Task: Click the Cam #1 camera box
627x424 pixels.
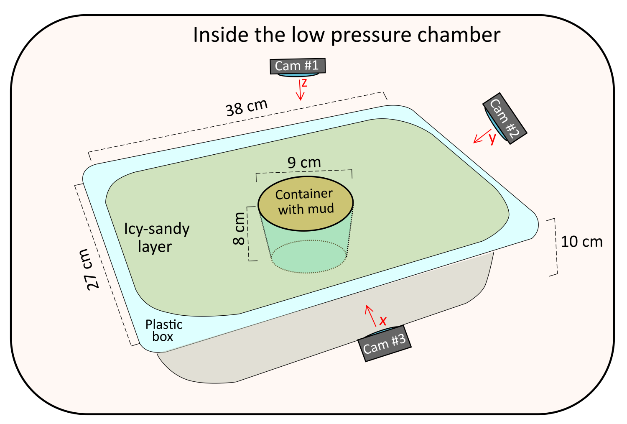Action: pyautogui.click(x=297, y=66)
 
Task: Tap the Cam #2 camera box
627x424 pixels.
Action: pyautogui.click(x=505, y=118)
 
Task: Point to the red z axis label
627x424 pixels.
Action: pyautogui.click(x=304, y=83)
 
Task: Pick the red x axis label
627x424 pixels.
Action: pyautogui.click(x=382, y=321)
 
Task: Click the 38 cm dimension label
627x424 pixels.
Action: pyautogui.click(x=246, y=107)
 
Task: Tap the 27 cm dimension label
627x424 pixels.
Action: pyautogui.click(x=88, y=269)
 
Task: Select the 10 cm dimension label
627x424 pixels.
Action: pyautogui.click(x=581, y=242)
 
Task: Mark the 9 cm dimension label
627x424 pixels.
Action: pyautogui.click(x=304, y=162)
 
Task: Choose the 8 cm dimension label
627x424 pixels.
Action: pyautogui.click(x=239, y=228)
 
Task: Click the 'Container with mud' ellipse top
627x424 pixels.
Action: pyautogui.click(x=306, y=204)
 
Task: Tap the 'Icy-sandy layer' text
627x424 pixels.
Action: pyautogui.click(x=157, y=237)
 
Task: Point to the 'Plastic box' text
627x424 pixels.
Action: pyautogui.click(x=164, y=330)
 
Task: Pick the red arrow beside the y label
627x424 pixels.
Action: pyautogui.click(x=482, y=136)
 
